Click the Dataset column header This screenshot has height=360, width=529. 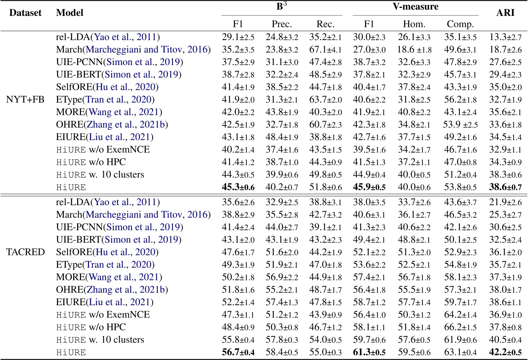[25, 13]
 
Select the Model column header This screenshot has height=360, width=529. [70, 13]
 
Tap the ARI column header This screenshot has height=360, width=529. [505, 13]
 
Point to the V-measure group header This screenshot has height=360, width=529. [415, 6]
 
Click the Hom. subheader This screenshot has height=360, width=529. [414, 24]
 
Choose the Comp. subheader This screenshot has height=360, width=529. [460, 24]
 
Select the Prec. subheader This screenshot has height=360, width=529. [282, 24]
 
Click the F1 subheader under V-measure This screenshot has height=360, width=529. [369, 24]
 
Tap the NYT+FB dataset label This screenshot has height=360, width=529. [25, 99]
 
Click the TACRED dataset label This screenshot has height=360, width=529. [25, 252]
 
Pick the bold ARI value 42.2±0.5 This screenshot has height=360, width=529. [505, 352]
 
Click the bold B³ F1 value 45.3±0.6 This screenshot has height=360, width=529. [238, 187]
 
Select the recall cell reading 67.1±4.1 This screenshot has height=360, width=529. [326, 50]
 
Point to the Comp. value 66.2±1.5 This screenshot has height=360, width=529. [460, 327]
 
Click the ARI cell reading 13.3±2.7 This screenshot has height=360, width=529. [505, 37]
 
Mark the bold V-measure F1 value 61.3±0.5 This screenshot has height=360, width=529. [369, 352]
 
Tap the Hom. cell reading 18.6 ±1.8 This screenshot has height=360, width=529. [414, 50]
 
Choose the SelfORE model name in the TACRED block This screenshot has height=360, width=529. [107, 252]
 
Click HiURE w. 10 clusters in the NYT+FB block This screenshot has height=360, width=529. [100, 175]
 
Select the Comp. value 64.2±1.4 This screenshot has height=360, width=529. [460, 315]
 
